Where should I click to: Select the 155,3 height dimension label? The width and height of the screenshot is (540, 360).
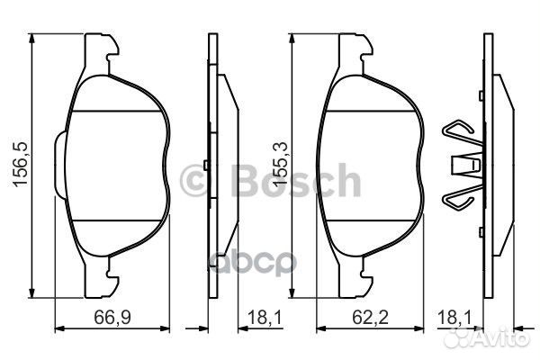pos(279,165)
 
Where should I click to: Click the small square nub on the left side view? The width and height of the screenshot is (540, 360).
pos(208,164)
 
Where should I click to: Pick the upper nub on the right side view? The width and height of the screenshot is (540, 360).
pos(484,95)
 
